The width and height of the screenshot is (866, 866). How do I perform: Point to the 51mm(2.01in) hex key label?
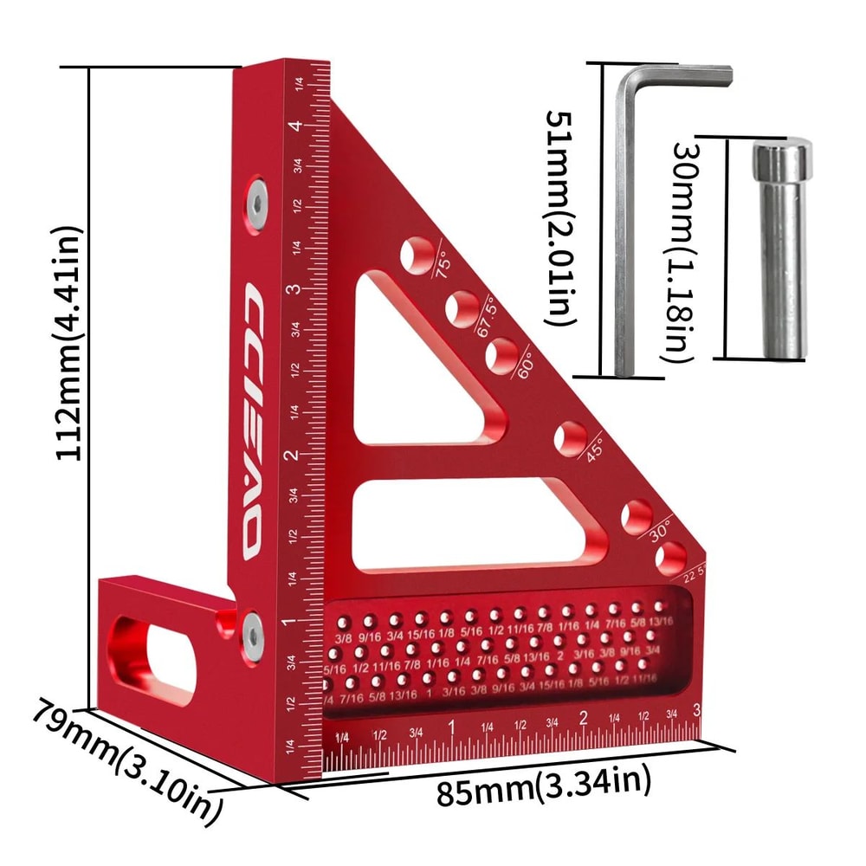coord(562,216)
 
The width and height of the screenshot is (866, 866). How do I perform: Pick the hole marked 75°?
coord(417,252)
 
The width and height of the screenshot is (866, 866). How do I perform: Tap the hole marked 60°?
coord(501,353)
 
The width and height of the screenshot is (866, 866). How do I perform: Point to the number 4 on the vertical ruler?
coord(298,126)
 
